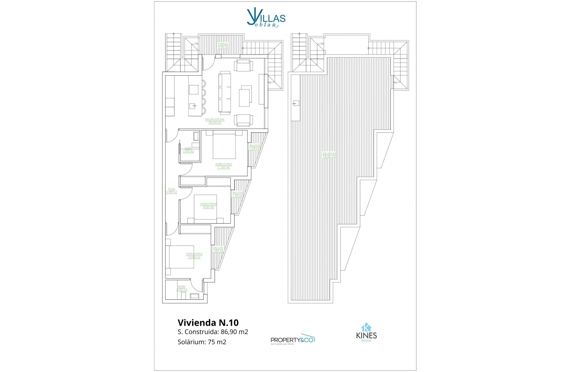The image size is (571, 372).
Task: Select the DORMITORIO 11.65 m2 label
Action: [224, 166]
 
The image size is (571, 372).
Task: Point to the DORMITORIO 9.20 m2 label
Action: [208, 205]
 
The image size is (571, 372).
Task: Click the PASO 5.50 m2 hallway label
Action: [171, 191]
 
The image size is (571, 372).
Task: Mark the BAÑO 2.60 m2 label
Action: [188, 150]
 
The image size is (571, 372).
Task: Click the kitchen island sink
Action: [193, 106]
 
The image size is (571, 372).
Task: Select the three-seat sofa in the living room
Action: [224, 93]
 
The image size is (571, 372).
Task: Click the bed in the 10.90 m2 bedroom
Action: [182, 256]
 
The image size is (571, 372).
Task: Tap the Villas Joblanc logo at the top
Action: [266, 19]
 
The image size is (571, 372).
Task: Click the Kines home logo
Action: [366, 333]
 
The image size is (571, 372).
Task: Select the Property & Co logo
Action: [292, 340]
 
